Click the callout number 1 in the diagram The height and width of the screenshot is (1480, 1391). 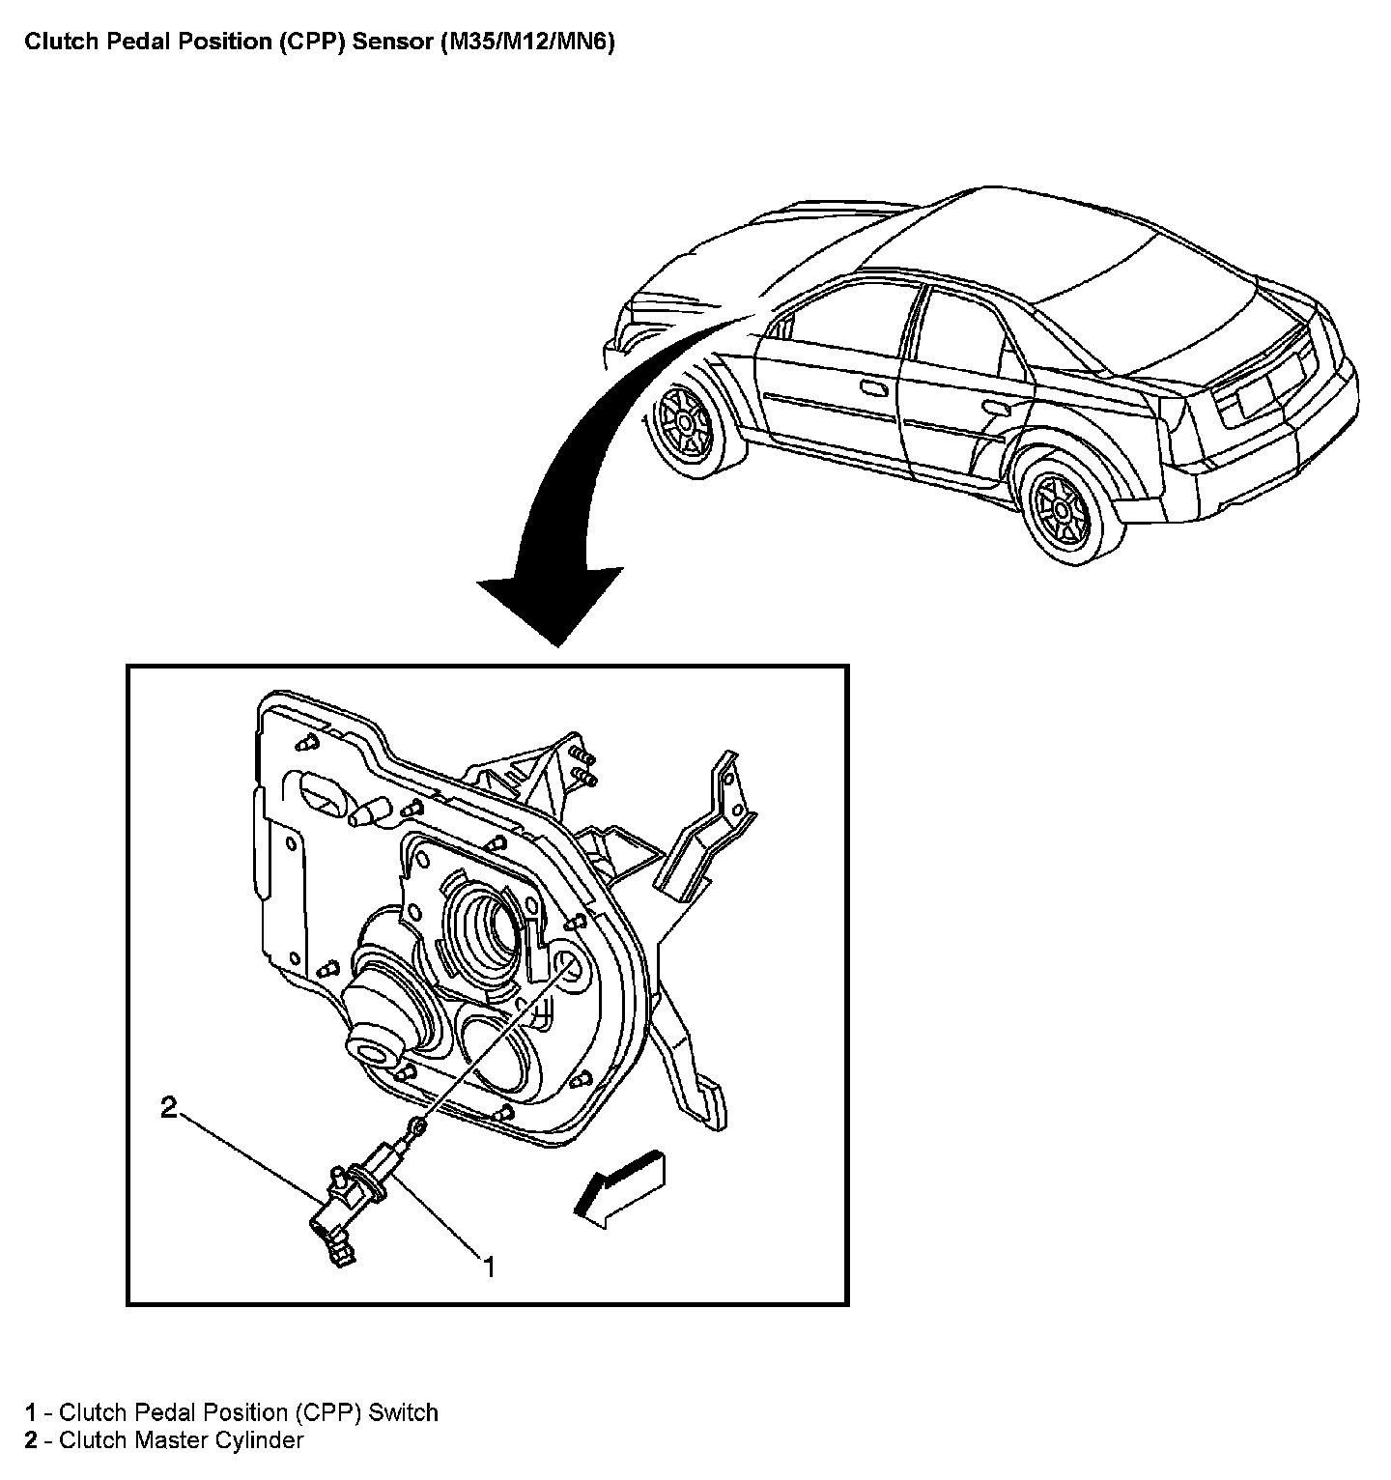(490, 1267)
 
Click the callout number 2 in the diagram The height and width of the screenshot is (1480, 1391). (169, 1108)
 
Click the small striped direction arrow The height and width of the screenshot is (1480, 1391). (619, 1185)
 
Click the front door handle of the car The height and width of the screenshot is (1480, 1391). (873, 389)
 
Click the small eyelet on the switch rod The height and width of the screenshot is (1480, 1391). (417, 1125)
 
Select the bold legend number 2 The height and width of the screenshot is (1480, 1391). (31, 1440)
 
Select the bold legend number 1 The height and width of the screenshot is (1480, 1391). (31, 1412)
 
